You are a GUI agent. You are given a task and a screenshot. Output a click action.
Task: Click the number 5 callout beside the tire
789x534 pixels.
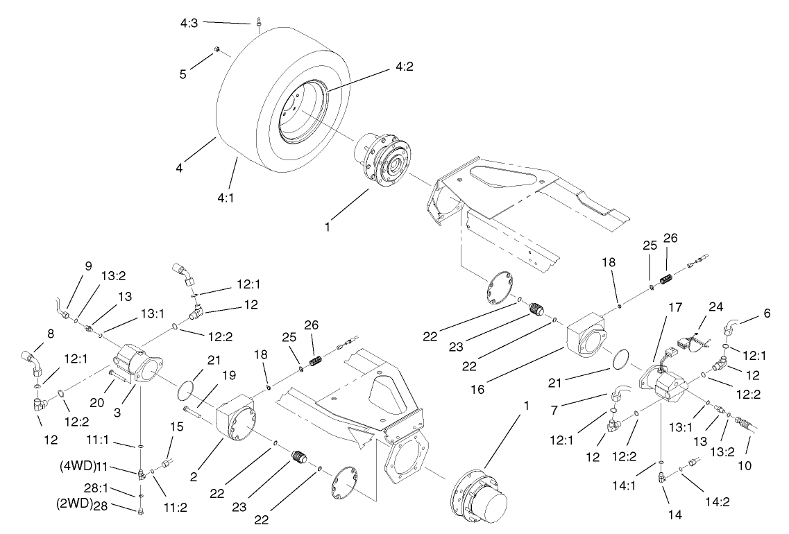pos(183,74)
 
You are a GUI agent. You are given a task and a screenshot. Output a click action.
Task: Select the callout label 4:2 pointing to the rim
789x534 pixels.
pos(405,67)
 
